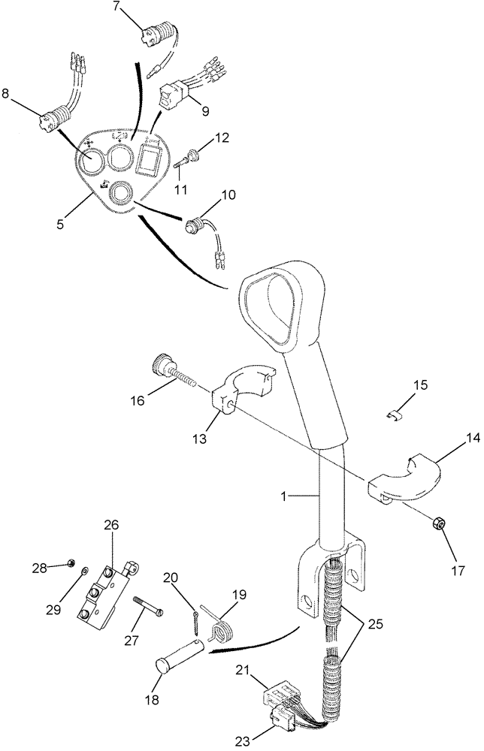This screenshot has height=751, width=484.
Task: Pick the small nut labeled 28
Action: point(69,561)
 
